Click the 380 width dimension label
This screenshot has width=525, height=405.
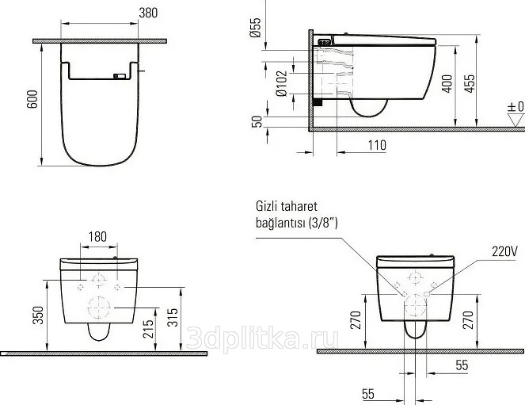[148, 13]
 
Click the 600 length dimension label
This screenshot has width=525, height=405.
[32, 99]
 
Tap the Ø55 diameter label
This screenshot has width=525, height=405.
[255, 28]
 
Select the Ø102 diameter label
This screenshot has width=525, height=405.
[282, 83]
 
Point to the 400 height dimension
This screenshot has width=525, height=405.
[447, 84]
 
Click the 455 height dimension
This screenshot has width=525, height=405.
[470, 84]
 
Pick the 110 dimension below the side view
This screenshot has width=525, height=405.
[377, 145]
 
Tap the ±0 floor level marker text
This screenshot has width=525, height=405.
[515, 107]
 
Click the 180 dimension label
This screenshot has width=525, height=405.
[97, 236]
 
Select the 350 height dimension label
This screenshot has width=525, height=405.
[39, 315]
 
